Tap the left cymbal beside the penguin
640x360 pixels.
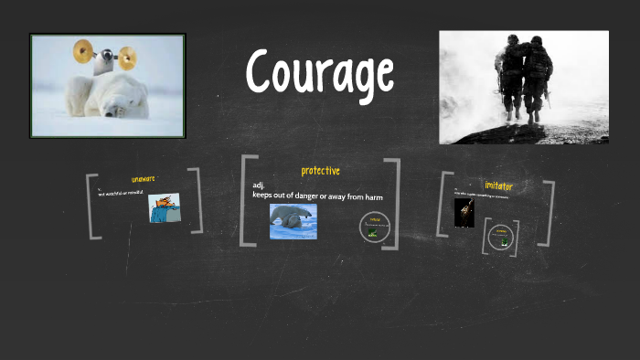[x=83, y=49]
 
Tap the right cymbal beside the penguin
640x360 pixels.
[x=126, y=58]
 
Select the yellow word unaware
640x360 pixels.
[x=144, y=179]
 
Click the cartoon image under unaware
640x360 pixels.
[x=165, y=208]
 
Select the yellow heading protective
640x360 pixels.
[x=320, y=171]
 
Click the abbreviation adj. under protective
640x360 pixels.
[x=259, y=185]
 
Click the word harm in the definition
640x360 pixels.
[x=371, y=196]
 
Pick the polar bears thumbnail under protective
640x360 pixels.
[x=293, y=220]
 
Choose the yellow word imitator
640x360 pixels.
[x=498, y=186]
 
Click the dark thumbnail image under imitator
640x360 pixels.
[x=464, y=213]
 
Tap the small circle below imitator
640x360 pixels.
[x=500, y=238]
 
